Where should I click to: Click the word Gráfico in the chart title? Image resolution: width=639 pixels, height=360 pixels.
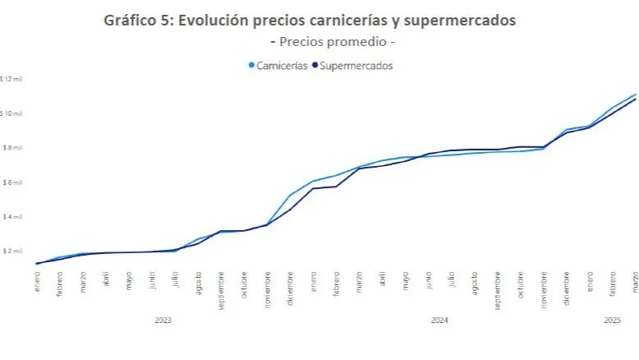tap(131, 21)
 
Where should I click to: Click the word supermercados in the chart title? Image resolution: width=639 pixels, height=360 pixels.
tap(465, 21)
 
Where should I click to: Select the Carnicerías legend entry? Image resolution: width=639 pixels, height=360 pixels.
tap(278, 66)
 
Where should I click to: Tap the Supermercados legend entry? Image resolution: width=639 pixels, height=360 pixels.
tap(354, 66)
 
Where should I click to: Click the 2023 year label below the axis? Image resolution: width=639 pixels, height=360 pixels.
tap(163, 320)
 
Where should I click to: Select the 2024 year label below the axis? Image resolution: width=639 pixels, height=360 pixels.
tap(439, 320)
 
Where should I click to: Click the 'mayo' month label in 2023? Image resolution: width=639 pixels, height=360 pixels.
tap(129, 281)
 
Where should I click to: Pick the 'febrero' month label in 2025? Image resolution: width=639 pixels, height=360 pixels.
tap(613, 284)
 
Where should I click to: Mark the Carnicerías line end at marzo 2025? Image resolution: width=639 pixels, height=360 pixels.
tap(635, 95)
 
